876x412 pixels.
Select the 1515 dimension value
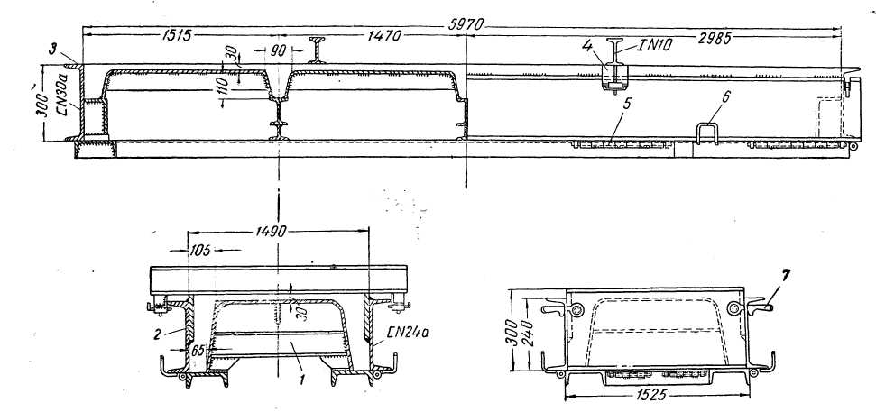(177, 37)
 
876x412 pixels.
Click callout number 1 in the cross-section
(303, 380)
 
